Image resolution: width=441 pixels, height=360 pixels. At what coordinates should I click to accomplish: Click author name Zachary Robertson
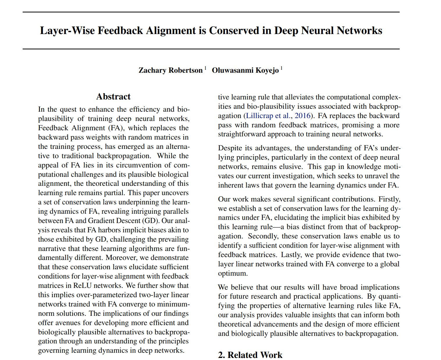(170, 70)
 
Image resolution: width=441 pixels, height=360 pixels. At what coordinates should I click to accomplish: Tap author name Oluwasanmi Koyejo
(245, 70)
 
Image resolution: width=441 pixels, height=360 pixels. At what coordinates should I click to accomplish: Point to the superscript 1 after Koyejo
(281, 68)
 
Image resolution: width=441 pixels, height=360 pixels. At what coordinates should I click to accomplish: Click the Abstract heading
(113, 97)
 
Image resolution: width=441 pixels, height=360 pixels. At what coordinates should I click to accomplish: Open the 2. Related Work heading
(250, 355)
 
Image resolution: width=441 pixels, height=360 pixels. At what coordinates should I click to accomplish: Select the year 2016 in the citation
(303, 116)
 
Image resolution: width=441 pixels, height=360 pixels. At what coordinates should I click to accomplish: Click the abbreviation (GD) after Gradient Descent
(150, 221)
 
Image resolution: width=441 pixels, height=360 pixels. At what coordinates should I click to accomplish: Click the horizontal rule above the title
(211, 12)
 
